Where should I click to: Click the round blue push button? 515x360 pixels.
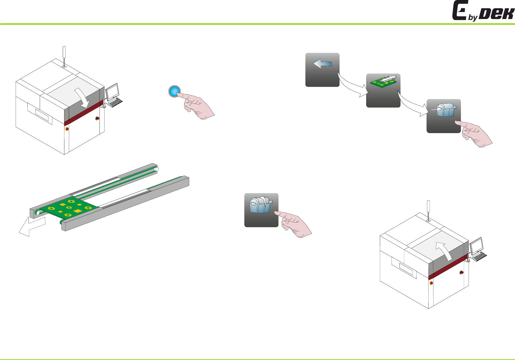point(174,91)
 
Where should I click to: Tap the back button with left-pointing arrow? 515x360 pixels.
point(322,70)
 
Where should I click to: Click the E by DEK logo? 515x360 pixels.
point(483,11)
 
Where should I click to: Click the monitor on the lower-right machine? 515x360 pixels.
point(477,246)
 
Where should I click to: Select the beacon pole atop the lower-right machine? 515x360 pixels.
point(428,210)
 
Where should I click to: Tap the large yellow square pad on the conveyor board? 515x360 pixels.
point(77,211)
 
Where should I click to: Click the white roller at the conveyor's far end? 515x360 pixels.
point(157,169)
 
